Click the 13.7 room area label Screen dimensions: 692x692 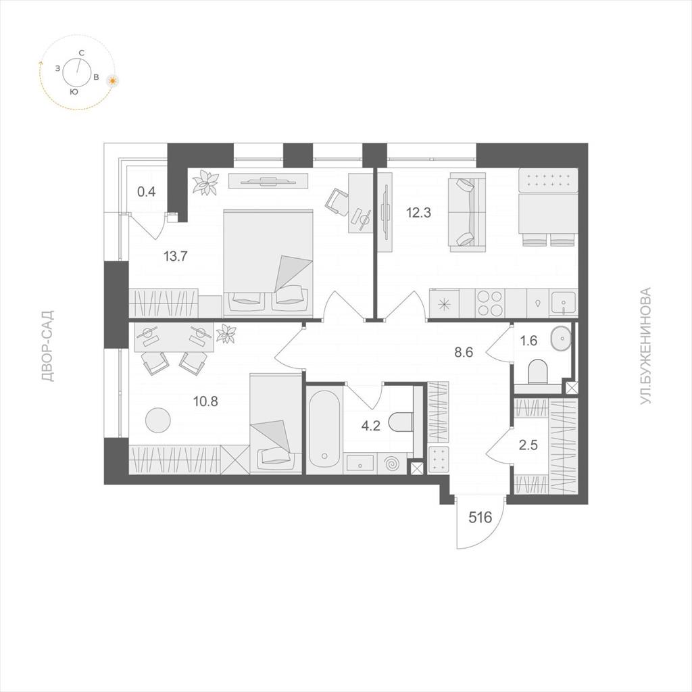pyautogui.click(x=176, y=256)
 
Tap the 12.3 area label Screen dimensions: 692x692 pyautogui.click(x=418, y=213)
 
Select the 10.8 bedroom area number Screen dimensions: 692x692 pyautogui.click(x=205, y=401)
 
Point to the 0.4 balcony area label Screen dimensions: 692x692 pyautogui.click(x=147, y=192)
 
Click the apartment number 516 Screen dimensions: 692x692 pyautogui.click(x=480, y=517)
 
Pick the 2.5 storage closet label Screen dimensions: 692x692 pyautogui.click(x=528, y=445)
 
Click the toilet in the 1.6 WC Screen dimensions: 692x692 pyautogui.click(x=537, y=371)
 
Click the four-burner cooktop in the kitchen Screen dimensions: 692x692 pyautogui.click(x=490, y=302)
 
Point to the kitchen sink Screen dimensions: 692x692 pyautogui.click(x=563, y=302)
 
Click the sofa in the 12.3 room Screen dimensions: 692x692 pyautogui.click(x=467, y=212)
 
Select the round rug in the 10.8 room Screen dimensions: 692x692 pyautogui.click(x=158, y=420)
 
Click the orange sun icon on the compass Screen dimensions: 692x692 pyautogui.click(x=114, y=81)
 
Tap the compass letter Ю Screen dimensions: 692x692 pyautogui.click(x=74, y=92)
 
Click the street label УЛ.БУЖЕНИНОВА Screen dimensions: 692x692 pyautogui.click(x=645, y=346)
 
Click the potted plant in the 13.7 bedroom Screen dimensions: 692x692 pyautogui.click(x=205, y=182)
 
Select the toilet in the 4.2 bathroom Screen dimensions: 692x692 pyautogui.click(x=401, y=422)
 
